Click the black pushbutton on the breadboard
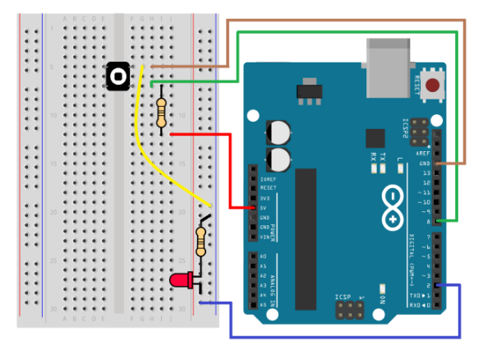[x=119, y=76]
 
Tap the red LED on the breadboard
[x=180, y=281]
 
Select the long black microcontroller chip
[x=306, y=222]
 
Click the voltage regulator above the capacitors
[x=309, y=92]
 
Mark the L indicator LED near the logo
[x=400, y=168]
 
